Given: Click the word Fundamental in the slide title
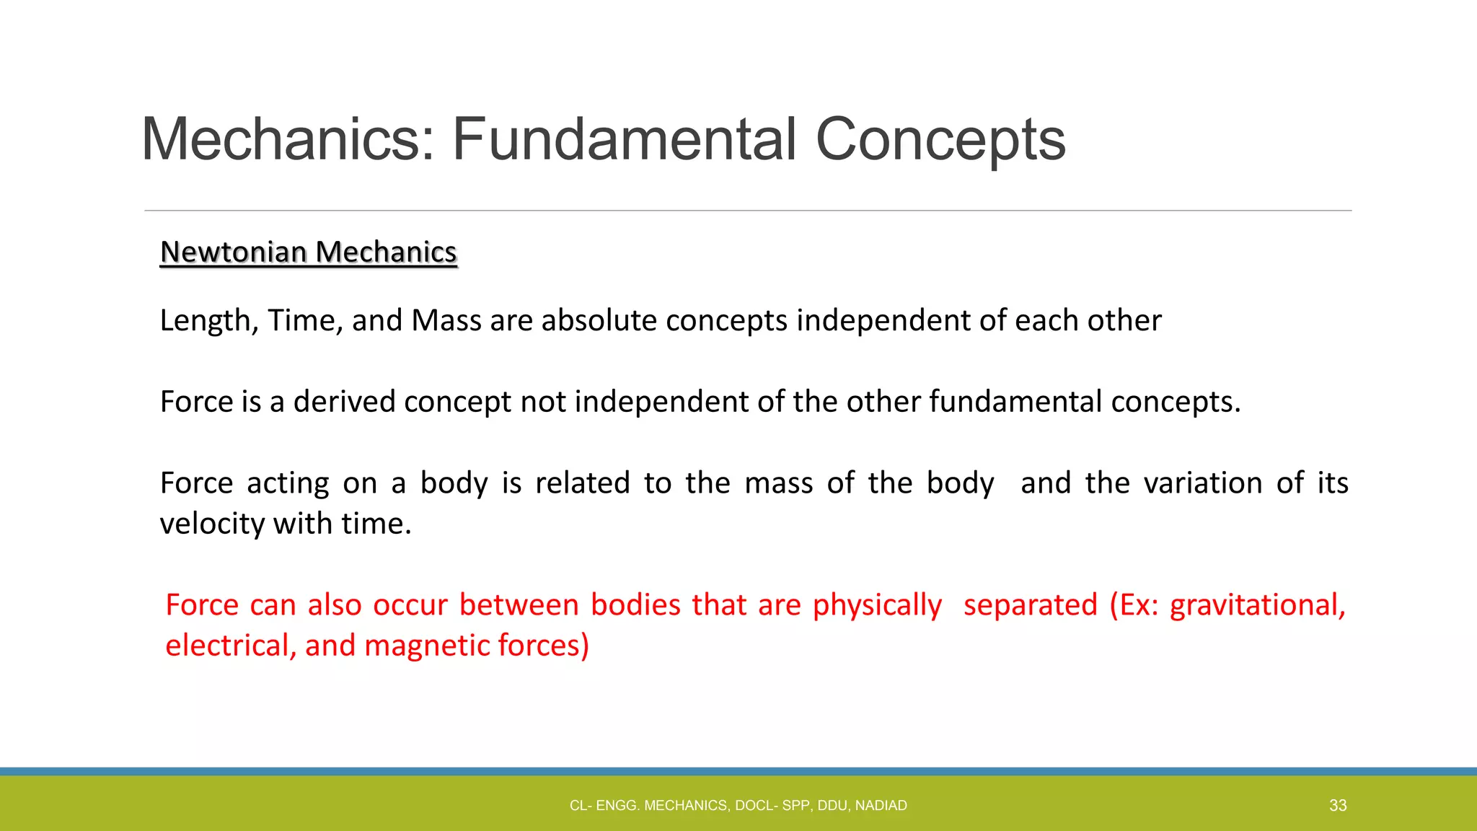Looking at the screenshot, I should coord(624,139).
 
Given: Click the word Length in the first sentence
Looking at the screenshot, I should coord(204,320).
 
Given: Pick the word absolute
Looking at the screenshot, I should coord(599,320).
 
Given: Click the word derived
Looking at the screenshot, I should coord(344,402).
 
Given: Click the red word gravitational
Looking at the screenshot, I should coord(1257,604).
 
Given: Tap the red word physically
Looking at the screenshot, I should coord(877,604).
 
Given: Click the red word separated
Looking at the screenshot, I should coord(1030,604).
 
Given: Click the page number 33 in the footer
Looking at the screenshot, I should coord(1338,806).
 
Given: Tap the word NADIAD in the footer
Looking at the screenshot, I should coord(881,806).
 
